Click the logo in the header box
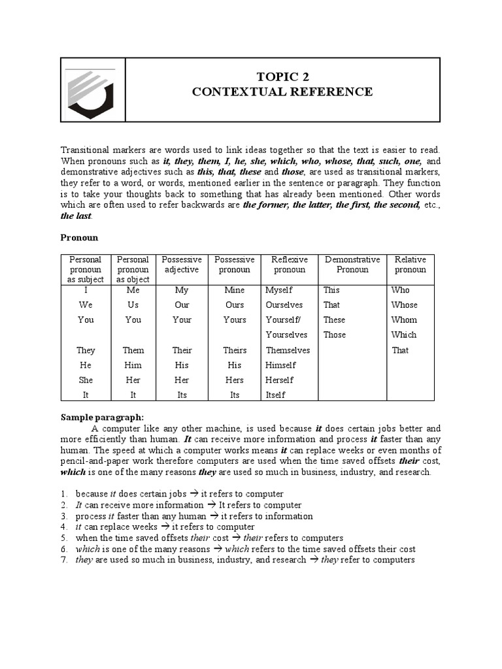(x=92, y=90)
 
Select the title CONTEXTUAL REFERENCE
(x=282, y=91)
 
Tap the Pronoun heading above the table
(x=79, y=237)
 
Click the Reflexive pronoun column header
(x=289, y=265)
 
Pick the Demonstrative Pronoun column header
(x=352, y=265)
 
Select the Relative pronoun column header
(x=410, y=265)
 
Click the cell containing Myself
(x=279, y=289)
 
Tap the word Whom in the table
(x=404, y=319)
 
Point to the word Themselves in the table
(x=288, y=350)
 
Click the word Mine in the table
(x=234, y=289)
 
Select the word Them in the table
(x=133, y=350)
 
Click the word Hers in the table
(x=234, y=380)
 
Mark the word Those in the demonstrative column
(x=334, y=334)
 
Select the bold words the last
(x=76, y=216)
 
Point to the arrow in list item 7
(x=314, y=560)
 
